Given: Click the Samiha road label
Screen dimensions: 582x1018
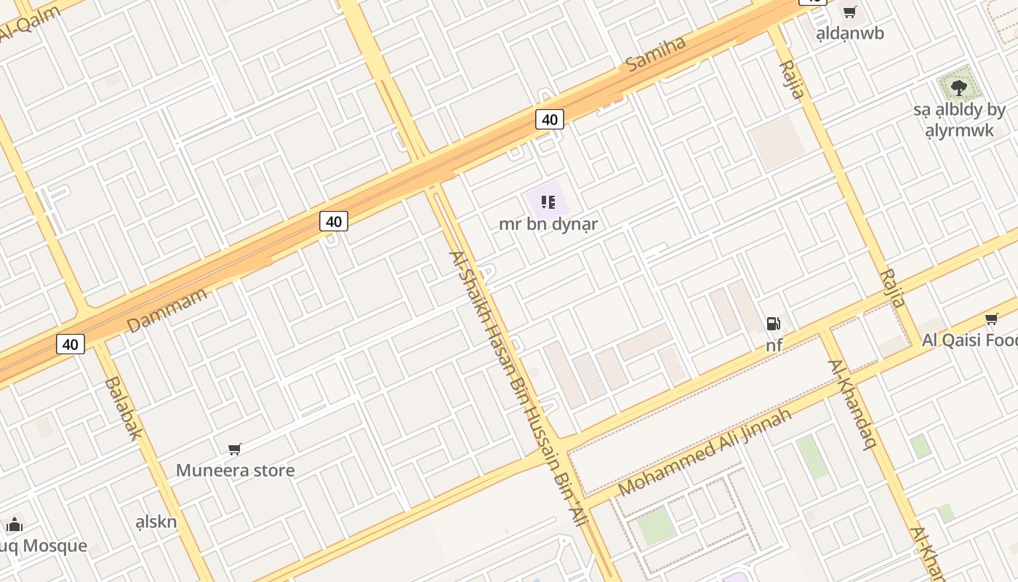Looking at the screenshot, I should point(656,53).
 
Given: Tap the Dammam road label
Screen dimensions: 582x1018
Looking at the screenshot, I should point(167,310).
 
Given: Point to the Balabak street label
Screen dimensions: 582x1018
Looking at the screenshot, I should point(123,407).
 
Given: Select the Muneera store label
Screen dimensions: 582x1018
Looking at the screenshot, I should point(236,470).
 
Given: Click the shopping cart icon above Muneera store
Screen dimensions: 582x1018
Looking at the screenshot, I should point(234,450).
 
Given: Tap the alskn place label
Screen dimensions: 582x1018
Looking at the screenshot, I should point(156,521).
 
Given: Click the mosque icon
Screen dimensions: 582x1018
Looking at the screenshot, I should point(15,525).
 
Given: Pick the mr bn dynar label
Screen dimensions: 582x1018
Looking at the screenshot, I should point(548,224).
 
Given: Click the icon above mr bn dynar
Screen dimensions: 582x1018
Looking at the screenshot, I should point(548,202).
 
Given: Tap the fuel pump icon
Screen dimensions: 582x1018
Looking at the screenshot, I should point(774,324).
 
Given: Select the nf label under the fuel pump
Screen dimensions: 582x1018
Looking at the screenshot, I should point(774,345).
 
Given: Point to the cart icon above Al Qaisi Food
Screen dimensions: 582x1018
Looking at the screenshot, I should point(991,319).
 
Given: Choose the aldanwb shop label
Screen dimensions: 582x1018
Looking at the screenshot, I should point(850,33).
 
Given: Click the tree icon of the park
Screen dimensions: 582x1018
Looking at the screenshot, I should point(959,88).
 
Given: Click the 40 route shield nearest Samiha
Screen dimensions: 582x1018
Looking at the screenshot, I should point(550,119).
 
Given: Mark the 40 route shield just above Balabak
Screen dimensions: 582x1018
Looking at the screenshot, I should point(71,344).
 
